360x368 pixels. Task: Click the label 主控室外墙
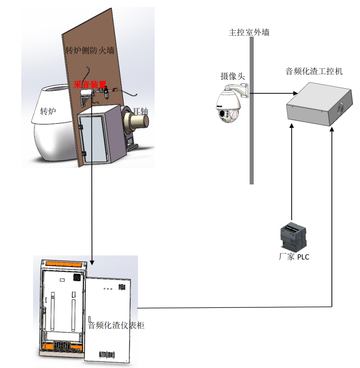(x=250, y=33)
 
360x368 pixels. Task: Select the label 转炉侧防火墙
(x=90, y=50)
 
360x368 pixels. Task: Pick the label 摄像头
(x=232, y=76)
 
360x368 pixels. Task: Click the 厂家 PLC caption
(x=294, y=257)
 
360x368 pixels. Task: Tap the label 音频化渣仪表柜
(x=116, y=325)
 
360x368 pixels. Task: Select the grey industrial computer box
(x=319, y=105)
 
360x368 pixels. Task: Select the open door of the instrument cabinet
(x=109, y=316)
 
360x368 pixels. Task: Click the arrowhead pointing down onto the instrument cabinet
(x=92, y=262)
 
